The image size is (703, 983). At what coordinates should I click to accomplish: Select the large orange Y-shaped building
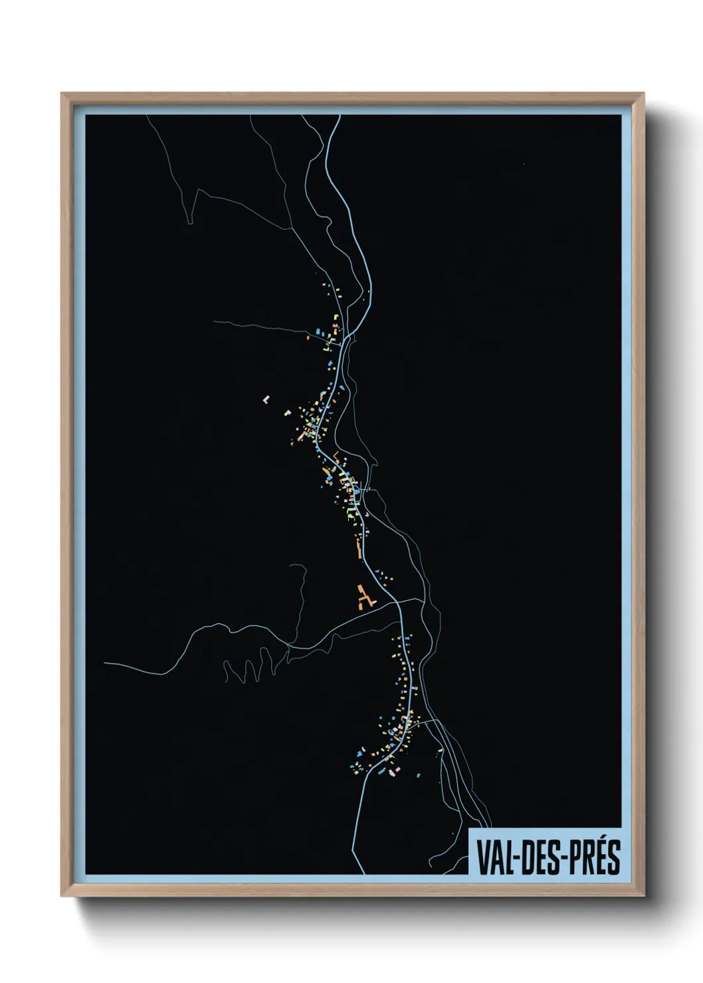pos(363,597)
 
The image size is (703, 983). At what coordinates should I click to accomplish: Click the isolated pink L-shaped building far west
pos(266,399)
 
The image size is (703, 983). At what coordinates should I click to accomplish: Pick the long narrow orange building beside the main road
pos(359,549)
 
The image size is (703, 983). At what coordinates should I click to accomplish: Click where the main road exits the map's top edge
pos(339,116)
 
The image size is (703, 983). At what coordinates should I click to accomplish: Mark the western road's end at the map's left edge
pos(106,663)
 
